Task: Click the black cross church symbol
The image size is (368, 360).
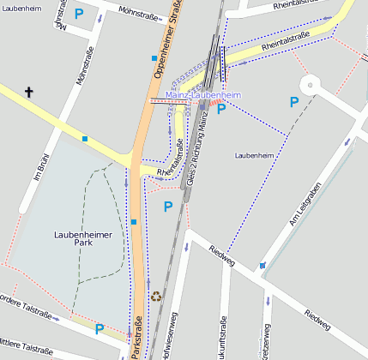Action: (x=29, y=92)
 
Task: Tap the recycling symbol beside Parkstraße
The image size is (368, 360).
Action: (x=156, y=296)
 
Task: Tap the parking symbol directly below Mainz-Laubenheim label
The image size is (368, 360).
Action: (x=220, y=109)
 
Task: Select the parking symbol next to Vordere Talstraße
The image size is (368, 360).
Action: (x=100, y=328)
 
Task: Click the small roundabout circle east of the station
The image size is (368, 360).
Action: (x=309, y=84)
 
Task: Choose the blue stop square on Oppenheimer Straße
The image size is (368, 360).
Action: (x=154, y=58)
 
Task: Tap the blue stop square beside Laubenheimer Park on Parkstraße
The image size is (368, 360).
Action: (x=134, y=222)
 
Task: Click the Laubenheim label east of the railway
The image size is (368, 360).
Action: (x=253, y=155)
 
